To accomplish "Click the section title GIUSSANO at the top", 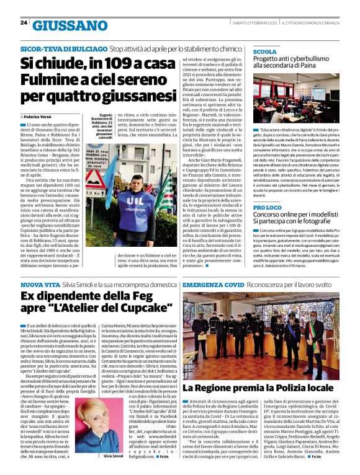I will [x=69, y=25].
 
